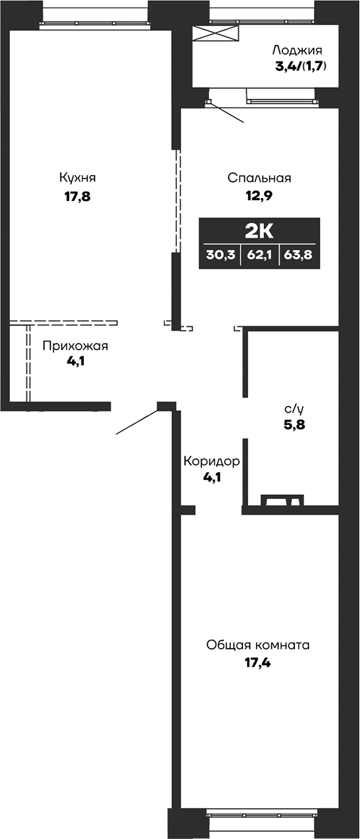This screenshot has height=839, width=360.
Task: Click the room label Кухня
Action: [x=77, y=177]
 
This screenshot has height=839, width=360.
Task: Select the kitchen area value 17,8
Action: [x=77, y=197]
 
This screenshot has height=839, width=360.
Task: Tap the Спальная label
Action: [x=259, y=178]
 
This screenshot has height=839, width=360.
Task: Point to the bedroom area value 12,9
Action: [x=259, y=197]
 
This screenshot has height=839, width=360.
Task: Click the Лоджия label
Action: [x=297, y=50]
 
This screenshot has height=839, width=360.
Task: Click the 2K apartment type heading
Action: [x=259, y=232]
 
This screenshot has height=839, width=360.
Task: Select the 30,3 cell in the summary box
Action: [x=220, y=255]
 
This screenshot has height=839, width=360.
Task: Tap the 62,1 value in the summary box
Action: [x=259, y=255]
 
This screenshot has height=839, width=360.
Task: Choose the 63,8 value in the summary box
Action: [x=299, y=255]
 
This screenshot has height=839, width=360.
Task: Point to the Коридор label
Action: [x=212, y=461]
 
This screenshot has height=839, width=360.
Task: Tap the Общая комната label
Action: [x=258, y=645]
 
